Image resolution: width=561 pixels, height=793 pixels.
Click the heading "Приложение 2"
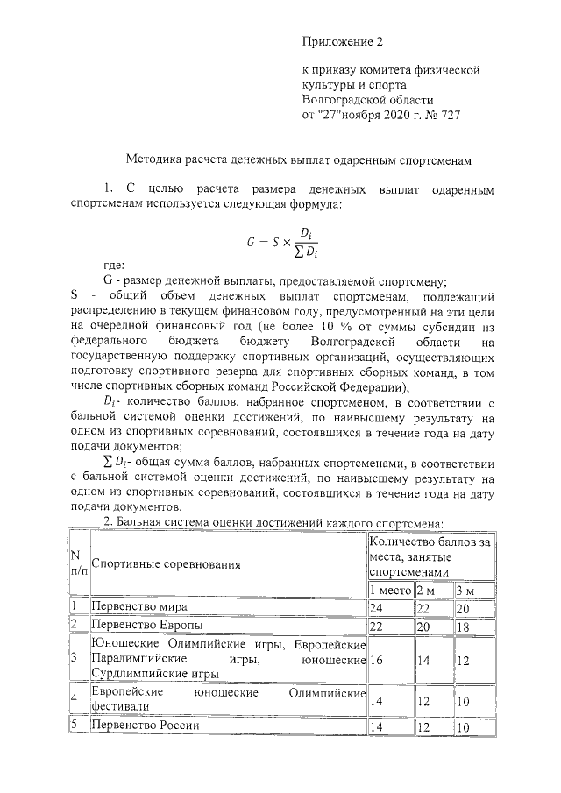pyautogui.click(x=343, y=41)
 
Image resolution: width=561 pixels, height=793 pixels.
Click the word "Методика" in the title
pyautogui.click(x=156, y=160)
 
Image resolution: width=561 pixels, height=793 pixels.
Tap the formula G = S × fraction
pyautogui.click(x=280, y=242)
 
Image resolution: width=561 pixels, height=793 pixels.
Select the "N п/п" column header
pyautogui.click(x=78, y=563)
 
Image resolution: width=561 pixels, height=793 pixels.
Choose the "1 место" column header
pyautogui.click(x=390, y=590)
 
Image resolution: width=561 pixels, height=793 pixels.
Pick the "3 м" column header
pyautogui.click(x=465, y=590)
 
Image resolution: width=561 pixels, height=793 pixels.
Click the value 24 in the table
pyautogui.click(x=377, y=607)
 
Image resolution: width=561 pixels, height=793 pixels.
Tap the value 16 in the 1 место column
pyautogui.click(x=377, y=658)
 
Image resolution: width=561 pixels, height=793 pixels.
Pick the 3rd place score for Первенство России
pyautogui.click(x=464, y=726)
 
